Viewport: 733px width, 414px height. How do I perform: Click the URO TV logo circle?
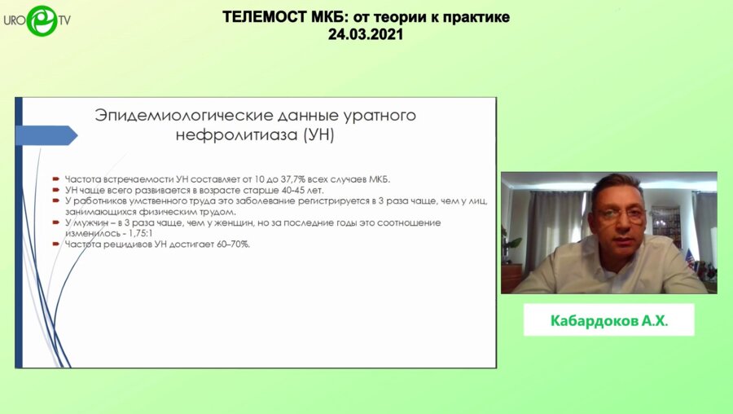click(x=42, y=20)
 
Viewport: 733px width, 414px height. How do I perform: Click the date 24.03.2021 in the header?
click(x=366, y=35)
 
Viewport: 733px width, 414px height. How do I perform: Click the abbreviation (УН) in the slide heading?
click(x=318, y=135)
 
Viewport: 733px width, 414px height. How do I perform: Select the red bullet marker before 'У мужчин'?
click(x=55, y=222)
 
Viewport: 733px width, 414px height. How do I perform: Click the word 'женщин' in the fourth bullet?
click(x=246, y=222)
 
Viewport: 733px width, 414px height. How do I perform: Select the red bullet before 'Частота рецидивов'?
click(x=55, y=244)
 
